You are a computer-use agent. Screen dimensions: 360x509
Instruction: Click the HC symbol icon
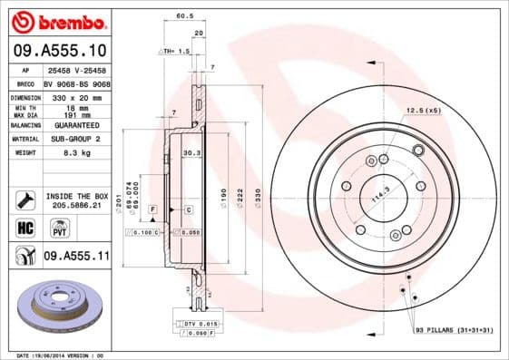24,228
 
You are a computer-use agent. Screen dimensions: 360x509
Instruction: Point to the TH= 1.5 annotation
175,52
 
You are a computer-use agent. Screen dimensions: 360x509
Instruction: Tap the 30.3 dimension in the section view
191,152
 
